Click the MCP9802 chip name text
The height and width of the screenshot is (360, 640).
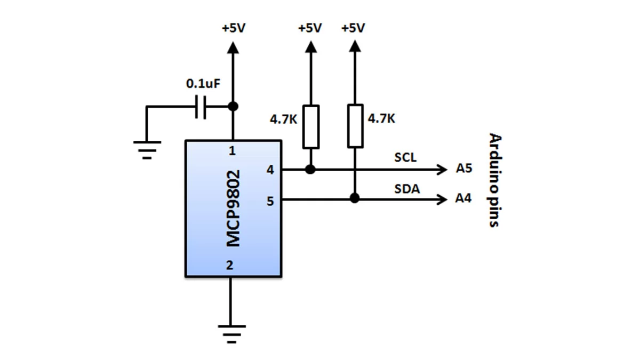233,209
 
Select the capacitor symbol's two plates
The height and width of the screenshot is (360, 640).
201,107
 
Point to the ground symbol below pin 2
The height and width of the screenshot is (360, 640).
231,332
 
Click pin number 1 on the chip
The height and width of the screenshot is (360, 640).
231,151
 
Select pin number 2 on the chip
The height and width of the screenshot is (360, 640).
230,265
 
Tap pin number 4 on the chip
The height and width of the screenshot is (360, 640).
270,171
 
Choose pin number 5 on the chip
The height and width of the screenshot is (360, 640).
270,202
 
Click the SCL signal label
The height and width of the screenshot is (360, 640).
405,158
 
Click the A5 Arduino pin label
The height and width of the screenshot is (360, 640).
463,169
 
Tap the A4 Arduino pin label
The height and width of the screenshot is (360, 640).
463,199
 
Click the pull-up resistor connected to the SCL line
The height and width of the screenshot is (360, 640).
311,126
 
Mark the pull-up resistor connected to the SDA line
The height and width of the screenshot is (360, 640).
355,126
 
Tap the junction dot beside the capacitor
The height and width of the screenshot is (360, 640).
233,106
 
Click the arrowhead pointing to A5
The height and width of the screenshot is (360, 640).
442,170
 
